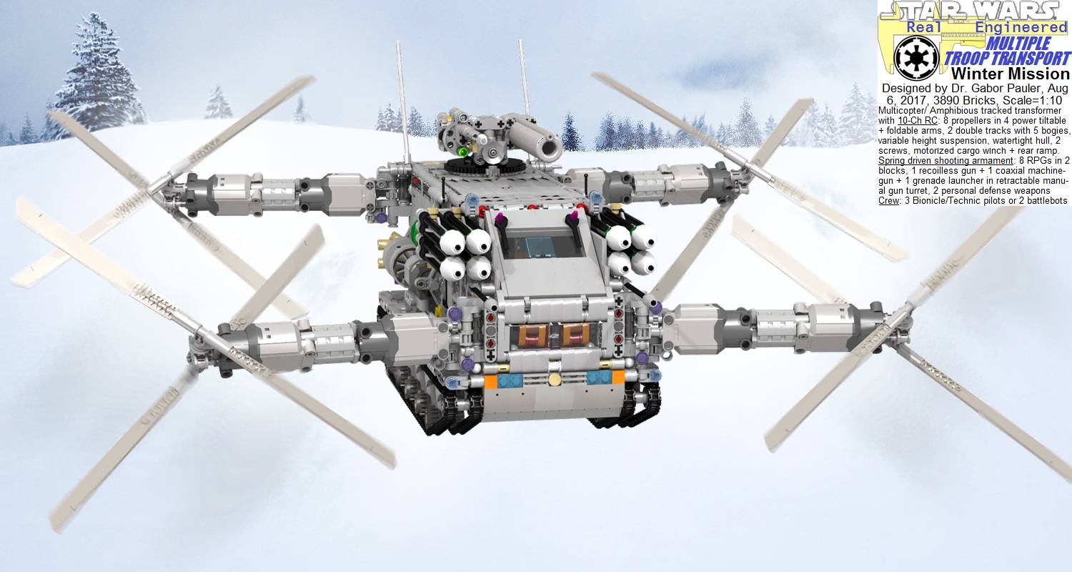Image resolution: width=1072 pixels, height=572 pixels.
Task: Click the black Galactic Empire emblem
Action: point(916,59)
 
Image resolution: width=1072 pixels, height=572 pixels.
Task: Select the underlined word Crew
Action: point(889,201)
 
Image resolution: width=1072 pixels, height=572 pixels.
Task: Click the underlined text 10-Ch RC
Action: point(918,121)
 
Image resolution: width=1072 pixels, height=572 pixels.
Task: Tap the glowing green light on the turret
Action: point(462,152)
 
